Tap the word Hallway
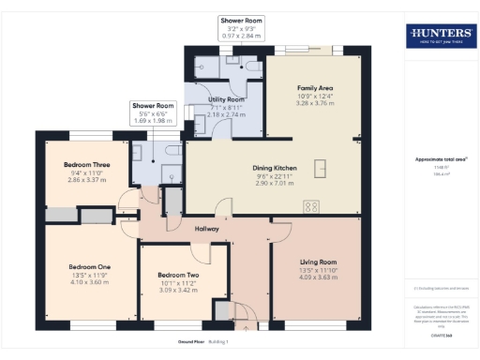[206, 229]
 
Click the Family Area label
[315, 88]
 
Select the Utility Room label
[226, 98]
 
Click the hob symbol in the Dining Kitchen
[310, 206]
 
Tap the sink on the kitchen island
[321, 168]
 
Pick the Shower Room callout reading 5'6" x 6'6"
[153, 114]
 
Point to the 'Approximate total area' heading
[440, 159]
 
